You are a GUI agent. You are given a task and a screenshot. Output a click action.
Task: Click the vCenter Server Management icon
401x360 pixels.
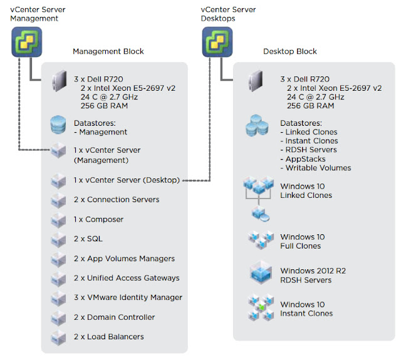click(26, 42)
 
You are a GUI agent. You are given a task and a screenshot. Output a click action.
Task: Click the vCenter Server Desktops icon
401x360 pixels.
click(217, 42)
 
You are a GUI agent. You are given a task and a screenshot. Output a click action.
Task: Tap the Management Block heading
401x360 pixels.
click(108, 51)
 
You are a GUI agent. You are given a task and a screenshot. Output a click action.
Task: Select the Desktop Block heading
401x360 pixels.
click(290, 51)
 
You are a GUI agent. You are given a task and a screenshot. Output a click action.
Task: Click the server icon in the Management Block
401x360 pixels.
click(59, 81)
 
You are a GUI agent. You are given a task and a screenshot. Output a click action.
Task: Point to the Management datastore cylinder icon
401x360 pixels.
click(58, 125)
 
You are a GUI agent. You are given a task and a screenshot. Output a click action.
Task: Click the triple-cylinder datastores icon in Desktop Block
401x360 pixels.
click(257, 125)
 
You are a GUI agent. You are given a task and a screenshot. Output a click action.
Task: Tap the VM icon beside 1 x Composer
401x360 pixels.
click(58, 220)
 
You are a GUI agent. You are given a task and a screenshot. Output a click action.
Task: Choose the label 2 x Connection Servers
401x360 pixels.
click(117, 200)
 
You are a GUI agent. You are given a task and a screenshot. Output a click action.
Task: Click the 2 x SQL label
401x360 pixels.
click(88, 239)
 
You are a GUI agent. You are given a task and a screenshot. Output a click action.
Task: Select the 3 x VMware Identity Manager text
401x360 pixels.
click(128, 297)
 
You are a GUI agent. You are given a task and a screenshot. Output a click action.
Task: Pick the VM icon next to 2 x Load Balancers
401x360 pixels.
click(58, 337)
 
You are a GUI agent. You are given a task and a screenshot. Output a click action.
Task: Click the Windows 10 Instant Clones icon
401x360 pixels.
click(261, 307)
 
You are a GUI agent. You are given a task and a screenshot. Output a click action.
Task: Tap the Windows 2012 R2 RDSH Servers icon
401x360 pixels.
click(261, 272)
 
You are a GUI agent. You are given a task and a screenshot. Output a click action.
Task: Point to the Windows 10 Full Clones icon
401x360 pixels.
click(261, 240)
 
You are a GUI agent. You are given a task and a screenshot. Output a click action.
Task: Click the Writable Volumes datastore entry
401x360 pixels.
click(316, 168)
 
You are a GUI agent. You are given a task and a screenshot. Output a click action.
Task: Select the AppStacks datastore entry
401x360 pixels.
click(303, 159)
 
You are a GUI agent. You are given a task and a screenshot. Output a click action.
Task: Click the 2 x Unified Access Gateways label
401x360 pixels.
click(127, 278)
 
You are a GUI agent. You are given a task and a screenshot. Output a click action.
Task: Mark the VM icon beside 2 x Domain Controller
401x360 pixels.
click(58, 318)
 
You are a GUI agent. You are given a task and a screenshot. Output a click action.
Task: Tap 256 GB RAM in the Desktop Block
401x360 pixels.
click(311, 106)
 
